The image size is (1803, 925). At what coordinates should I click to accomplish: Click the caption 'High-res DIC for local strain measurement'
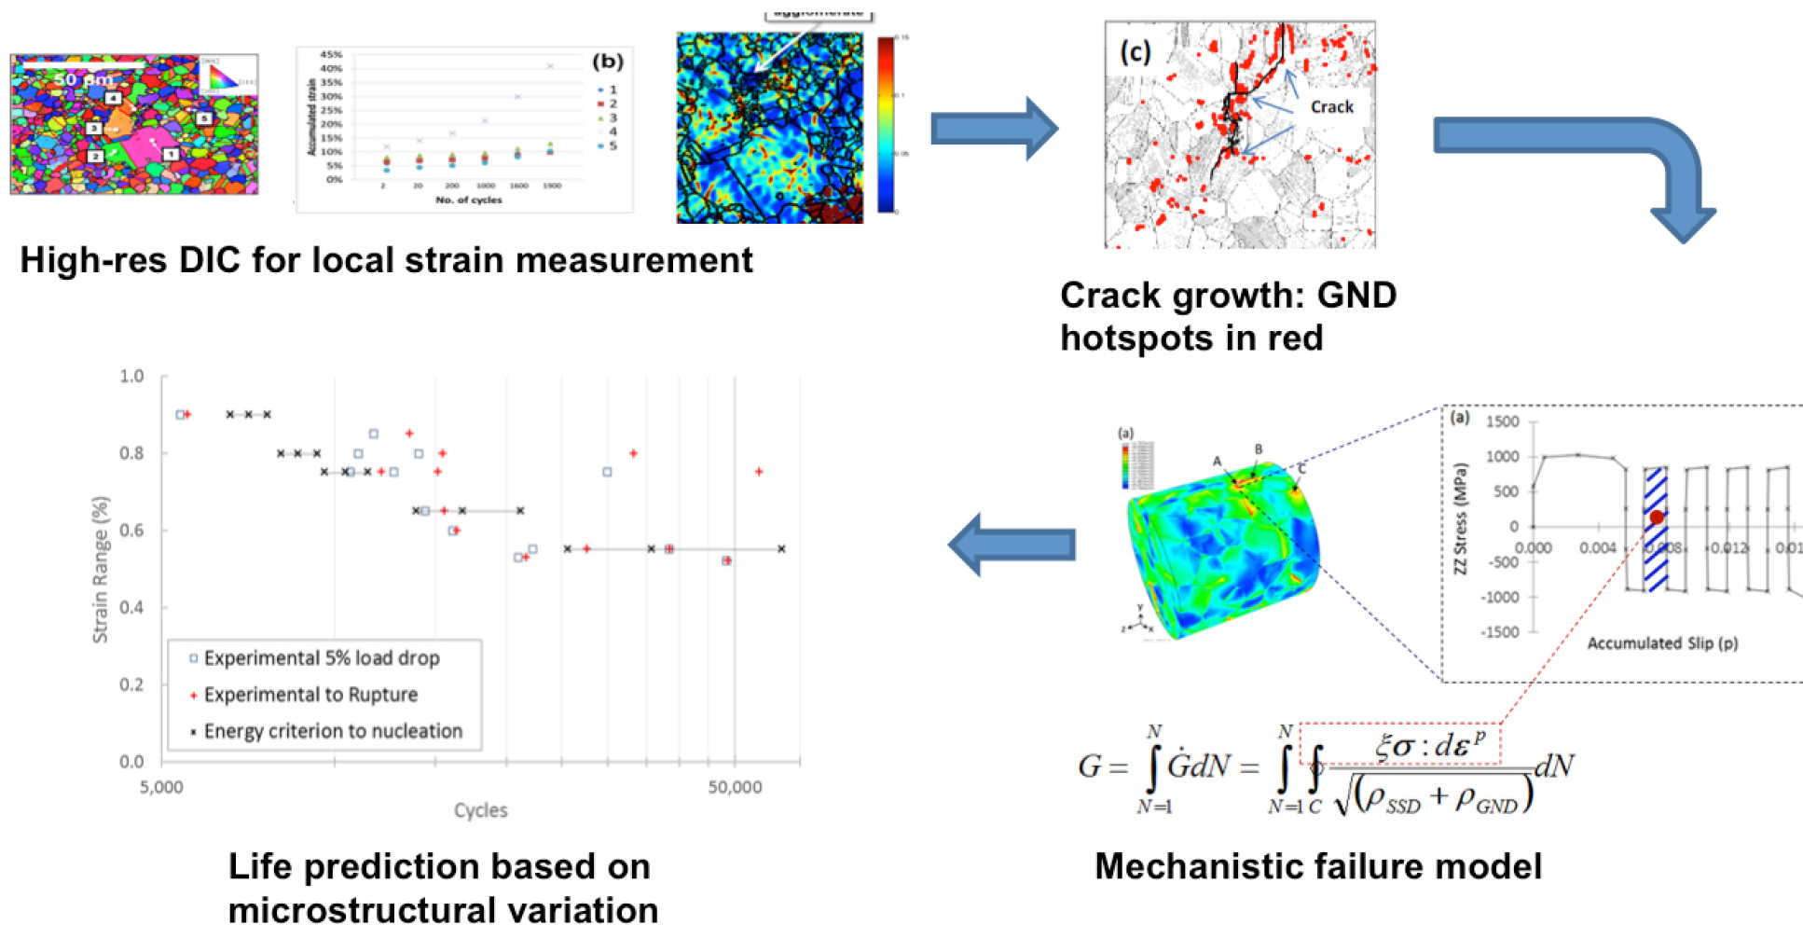386,260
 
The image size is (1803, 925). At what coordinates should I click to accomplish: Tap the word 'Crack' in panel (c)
1331,107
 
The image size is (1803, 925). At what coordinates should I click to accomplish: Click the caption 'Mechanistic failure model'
1317,866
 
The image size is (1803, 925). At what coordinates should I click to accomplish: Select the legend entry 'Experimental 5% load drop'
321,658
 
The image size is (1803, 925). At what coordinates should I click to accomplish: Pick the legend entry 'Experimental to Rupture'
310,695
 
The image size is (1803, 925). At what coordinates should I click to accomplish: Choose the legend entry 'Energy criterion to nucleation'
333,731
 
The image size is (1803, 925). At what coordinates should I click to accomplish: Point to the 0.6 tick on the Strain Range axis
131,531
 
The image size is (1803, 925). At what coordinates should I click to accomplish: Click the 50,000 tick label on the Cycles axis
735,787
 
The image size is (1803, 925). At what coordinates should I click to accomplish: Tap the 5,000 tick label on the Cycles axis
161,787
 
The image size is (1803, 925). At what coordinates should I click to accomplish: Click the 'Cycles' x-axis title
480,810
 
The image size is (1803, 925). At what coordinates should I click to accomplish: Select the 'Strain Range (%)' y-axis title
100,569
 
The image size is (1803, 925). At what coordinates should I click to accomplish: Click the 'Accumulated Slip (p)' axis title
1662,643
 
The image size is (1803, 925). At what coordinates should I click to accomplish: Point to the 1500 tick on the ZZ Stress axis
1502,421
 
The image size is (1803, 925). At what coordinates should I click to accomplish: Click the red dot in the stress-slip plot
1656,518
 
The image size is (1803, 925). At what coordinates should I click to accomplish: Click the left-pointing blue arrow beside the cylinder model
1011,545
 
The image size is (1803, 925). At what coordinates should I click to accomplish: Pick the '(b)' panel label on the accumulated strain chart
608,62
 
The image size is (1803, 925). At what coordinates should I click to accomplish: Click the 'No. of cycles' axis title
468,200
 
